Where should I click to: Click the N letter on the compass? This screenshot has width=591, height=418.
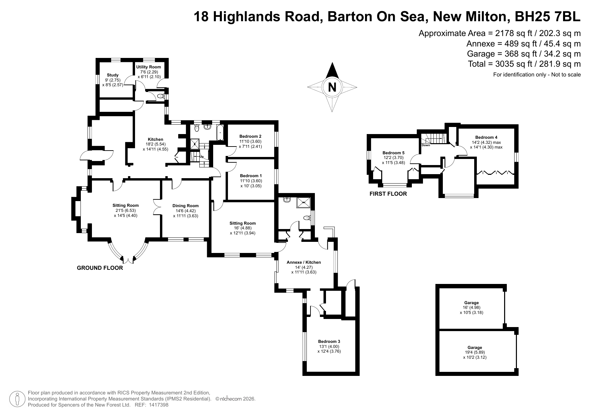tap(332, 87)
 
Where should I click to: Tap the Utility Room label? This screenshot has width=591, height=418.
tap(149, 67)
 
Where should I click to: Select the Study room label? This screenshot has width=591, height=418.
tap(113, 75)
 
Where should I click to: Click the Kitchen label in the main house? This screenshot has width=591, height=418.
tap(156, 139)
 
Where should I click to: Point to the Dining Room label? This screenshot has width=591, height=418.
tap(186, 206)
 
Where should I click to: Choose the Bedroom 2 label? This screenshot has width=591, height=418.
tap(250, 136)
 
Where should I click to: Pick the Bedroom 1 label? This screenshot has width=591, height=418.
tap(251, 176)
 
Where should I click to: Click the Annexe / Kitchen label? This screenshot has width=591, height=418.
tap(304, 262)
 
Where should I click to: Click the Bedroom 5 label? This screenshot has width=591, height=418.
tap(394, 153)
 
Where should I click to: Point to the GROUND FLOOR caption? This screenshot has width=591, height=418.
tap(100, 268)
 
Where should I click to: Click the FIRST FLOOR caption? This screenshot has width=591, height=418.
tap(388, 194)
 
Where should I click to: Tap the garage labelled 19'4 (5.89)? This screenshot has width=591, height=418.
tap(475, 352)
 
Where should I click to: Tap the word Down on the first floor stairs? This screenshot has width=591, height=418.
tap(426, 145)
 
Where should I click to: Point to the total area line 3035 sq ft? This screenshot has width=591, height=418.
tap(524, 64)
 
